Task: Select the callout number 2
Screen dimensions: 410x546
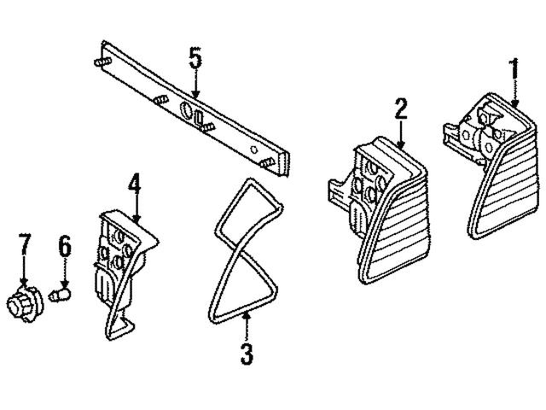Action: pos(401,108)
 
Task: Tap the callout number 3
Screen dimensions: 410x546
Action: pos(247,353)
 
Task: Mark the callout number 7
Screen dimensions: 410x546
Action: pos(25,245)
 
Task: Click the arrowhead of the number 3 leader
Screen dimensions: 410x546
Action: pos(246,317)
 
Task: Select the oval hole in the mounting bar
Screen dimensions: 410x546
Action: pos(187,110)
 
